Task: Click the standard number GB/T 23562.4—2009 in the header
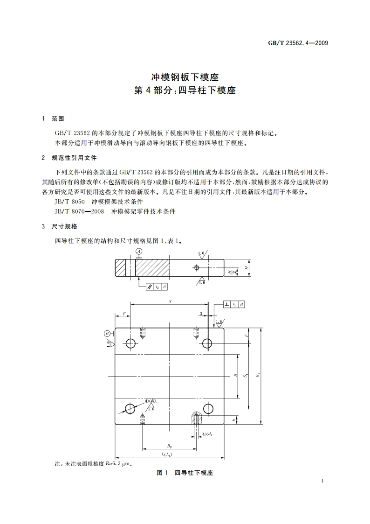[299, 43]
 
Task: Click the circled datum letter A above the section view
[138, 252]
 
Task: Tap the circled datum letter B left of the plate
[107, 333]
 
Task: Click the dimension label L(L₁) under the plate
[165, 454]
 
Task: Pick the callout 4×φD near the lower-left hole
[150, 401]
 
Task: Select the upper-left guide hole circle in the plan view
[131, 343]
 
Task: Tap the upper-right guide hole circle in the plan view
[207, 343]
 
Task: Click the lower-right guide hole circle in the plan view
[208, 409]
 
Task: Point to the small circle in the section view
[196, 268]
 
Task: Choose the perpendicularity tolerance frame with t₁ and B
[234, 304]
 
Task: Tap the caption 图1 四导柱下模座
[185, 473]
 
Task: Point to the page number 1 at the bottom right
[322, 481]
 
